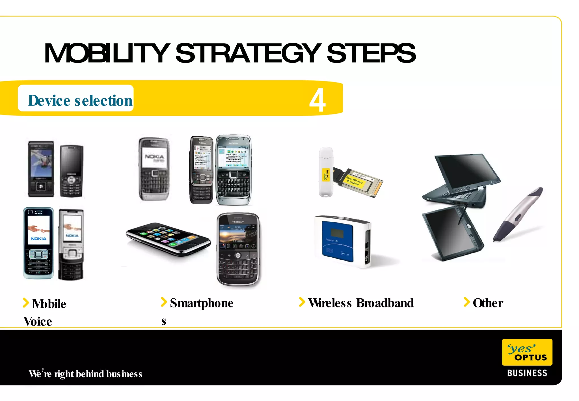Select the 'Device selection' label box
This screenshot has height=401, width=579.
pos(76,98)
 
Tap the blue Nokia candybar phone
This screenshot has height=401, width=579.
pos(38,243)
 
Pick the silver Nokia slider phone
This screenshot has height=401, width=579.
pos(71,245)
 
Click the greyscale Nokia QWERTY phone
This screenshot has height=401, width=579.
pos(154,169)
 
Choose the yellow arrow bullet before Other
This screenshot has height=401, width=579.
pos(466,302)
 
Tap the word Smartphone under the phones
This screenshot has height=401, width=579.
pos(202,303)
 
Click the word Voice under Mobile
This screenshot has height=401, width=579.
pos(38,322)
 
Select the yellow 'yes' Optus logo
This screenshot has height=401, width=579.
pos(527,352)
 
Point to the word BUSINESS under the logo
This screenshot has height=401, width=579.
pos(527,373)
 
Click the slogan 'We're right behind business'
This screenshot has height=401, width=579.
pos(85,374)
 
